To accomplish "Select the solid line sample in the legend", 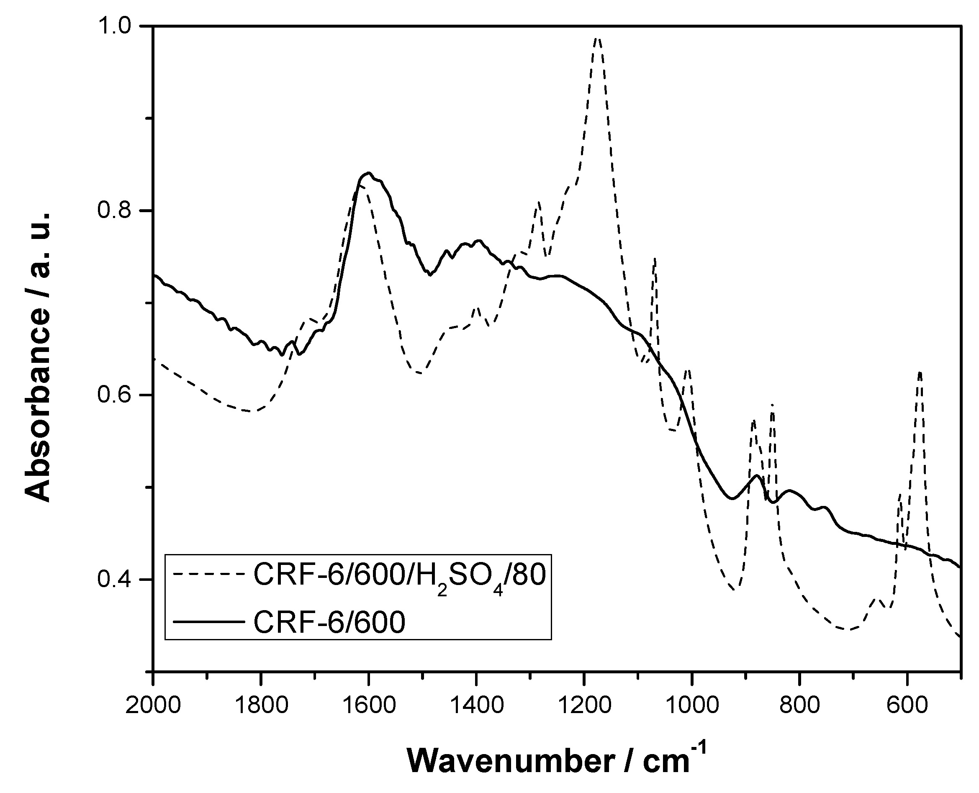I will [x=208, y=621].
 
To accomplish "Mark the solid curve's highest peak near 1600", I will [x=368, y=173].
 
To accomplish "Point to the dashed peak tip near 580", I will [x=920, y=372].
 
